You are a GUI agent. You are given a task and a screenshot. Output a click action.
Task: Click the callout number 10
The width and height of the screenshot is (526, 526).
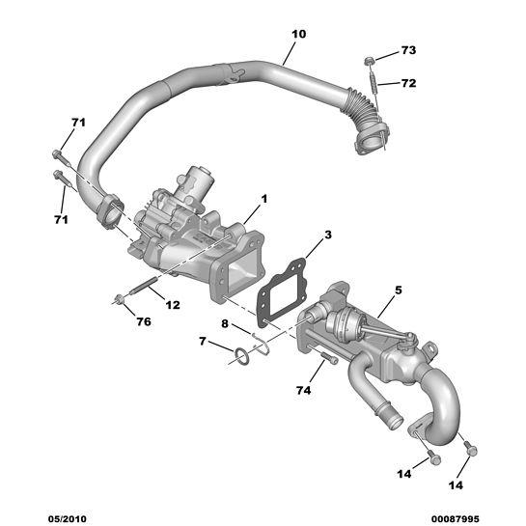pyautogui.click(x=298, y=34)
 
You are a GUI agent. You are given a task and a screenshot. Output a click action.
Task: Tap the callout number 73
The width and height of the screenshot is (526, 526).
pyautogui.click(x=408, y=50)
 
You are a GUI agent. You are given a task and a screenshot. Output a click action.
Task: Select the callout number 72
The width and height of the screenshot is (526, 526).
pyautogui.click(x=408, y=83)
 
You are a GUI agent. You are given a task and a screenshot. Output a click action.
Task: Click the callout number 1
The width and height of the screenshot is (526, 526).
pyautogui.click(x=264, y=199)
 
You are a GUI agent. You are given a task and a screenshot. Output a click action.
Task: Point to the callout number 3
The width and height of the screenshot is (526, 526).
pyautogui.click(x=328, y=235)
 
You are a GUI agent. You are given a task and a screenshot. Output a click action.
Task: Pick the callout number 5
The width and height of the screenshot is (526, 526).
pyautogui.click(x=399, y=291)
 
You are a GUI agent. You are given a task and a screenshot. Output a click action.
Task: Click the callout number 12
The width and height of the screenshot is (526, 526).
pyautogui.click(x=173, y=305)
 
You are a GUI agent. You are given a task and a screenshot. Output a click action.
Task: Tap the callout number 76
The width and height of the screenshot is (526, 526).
pyautogui.click(x=144, y=322)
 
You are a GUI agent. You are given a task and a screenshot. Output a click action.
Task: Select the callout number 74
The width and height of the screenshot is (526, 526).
pyautogui.click(x=304, y=390)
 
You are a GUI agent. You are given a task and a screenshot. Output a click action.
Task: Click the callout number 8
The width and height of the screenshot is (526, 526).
pyautogui.click(x=225, y=324)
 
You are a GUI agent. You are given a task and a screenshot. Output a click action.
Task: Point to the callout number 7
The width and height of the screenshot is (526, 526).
pyautogui.click(x=202, y=342)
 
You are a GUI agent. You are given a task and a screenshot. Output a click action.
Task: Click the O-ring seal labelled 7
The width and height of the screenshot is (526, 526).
pyautogui.click(x=241, y=356)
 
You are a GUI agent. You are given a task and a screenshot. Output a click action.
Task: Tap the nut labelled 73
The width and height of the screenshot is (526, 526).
pyautogui.click(x=369, y=61)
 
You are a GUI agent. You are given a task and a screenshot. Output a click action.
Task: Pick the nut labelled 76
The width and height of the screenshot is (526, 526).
pyautogui.click(x=119, y=298)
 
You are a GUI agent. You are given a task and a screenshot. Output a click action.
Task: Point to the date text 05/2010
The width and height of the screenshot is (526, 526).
pyautogui.click(x=68, y=519)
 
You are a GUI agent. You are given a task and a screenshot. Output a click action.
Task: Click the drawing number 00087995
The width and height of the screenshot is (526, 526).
pyautogui.click(x=456, y=519)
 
